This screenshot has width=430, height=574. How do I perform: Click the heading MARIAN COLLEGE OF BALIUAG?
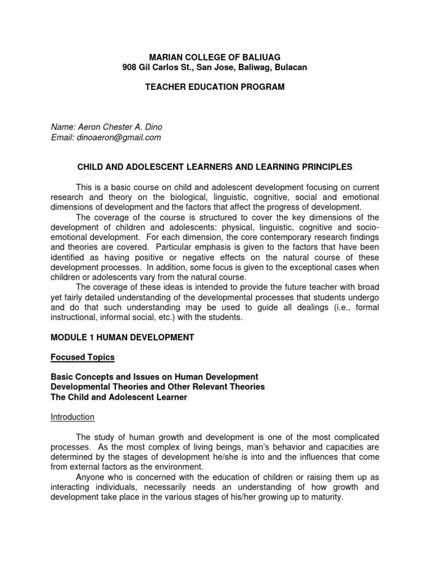[x=214, y=57]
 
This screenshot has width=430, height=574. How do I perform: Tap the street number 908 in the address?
[x=130, y=67]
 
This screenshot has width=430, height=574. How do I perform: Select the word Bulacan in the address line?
[x=291, y=67]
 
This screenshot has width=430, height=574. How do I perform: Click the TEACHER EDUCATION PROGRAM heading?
[x=215, y=87]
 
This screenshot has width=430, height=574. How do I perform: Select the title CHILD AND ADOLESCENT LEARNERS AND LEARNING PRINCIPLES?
[x=214, y=167]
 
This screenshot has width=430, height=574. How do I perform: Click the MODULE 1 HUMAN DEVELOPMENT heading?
[x=123, y=337]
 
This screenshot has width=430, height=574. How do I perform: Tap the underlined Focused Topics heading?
[x=83, y=357]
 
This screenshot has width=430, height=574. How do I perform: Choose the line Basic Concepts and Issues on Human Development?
[x=155, y=377]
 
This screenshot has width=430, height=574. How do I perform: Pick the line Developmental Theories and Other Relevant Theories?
[x=158, y=387]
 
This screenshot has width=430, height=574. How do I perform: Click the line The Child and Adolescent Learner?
[x=119, y=397]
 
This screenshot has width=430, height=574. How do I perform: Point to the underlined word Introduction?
[x=73, y=417]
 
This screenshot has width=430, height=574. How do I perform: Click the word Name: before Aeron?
[x=63, y=127]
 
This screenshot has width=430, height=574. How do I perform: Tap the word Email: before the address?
[x=63, y=137]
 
